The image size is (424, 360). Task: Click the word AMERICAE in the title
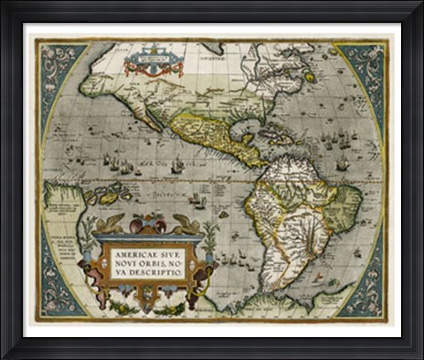pyautogui.click(x=131, y=252)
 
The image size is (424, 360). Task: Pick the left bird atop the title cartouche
pyautogui.click(x=112, y=222)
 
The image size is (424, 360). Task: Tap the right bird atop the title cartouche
pyautogui.click(x=185, y=223)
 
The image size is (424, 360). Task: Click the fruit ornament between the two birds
pyautogui.click(x=148, y=223)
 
